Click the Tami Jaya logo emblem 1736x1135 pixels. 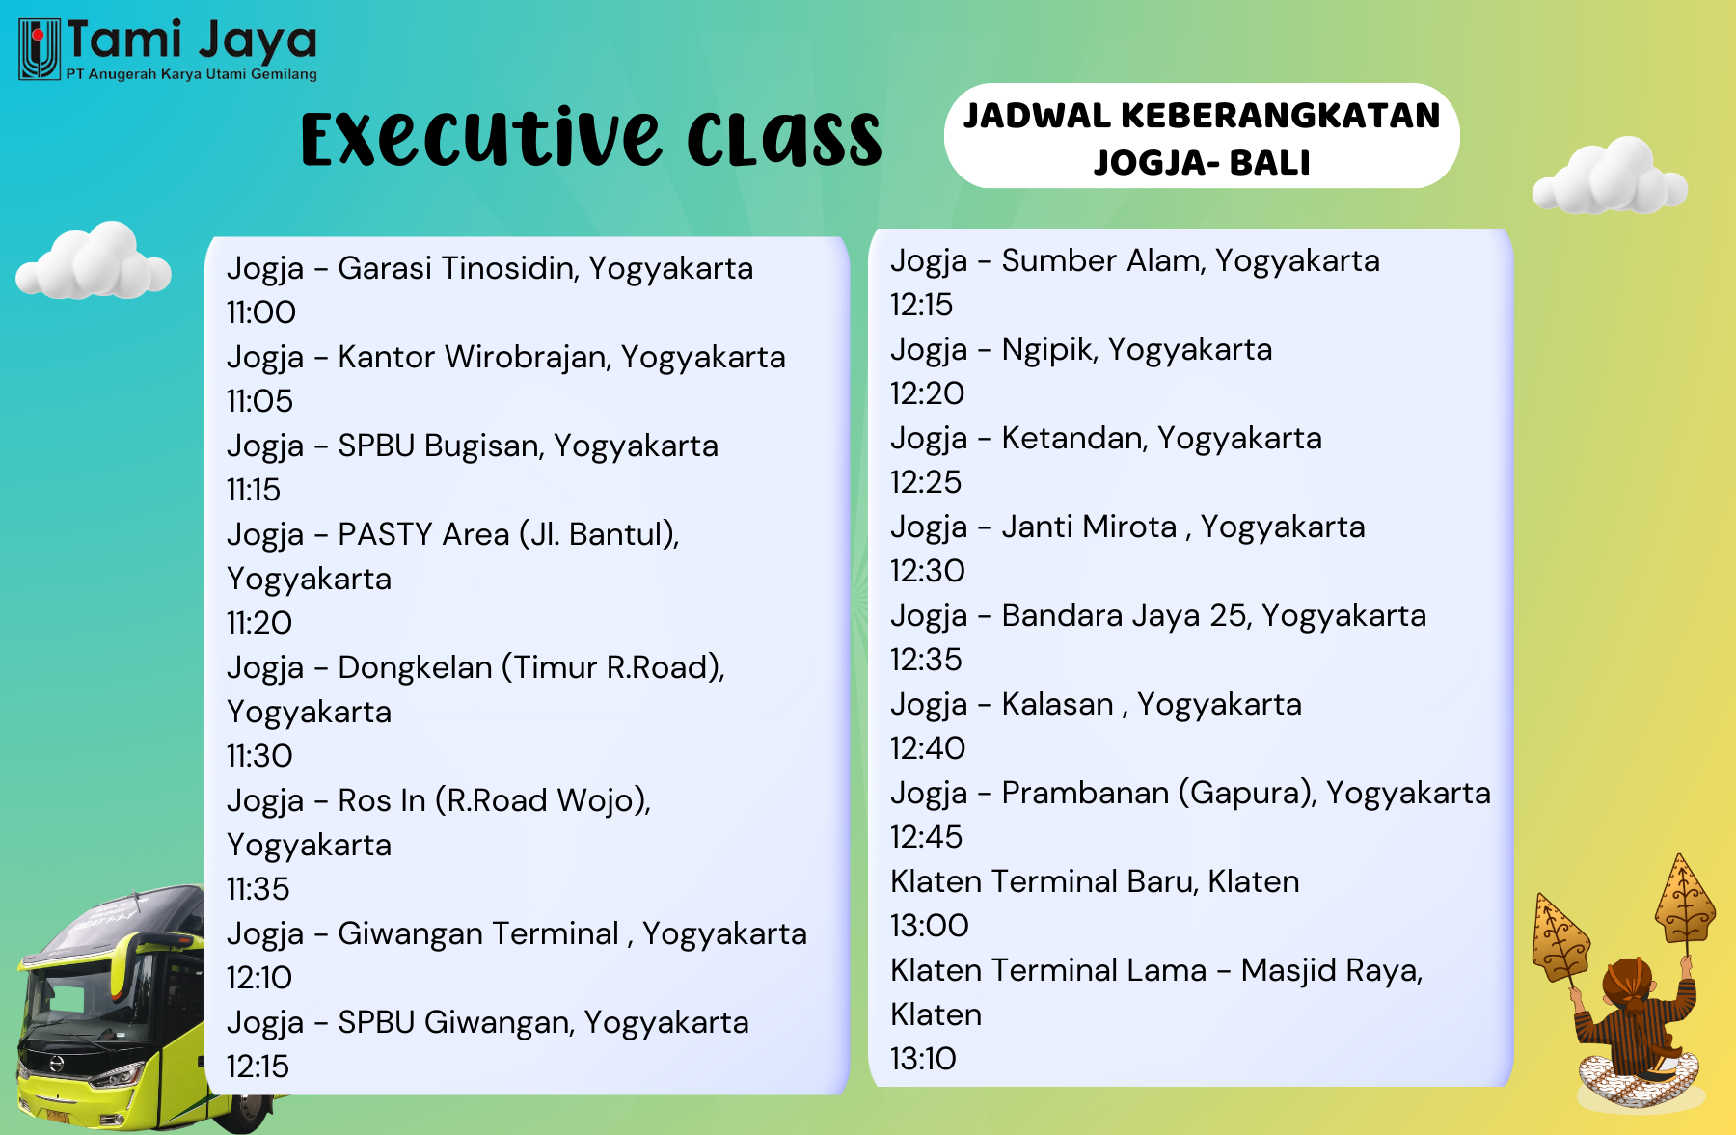tap(40, 49)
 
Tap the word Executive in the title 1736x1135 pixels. tap(481, 139)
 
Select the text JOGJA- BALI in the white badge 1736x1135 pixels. tap(1202, 163)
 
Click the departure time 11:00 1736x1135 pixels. tap(261, 312)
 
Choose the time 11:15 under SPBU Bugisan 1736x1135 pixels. tap(254, 490)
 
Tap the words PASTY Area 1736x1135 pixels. tap(423, 534)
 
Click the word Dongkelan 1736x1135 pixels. tap(415, 667)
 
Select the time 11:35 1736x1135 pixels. tap(258, 889)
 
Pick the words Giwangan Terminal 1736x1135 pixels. tap(478, 933)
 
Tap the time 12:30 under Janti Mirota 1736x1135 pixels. tap(928, 571)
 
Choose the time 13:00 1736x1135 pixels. tap(930, 926)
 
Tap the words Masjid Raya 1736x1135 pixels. tap(1331, 971)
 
